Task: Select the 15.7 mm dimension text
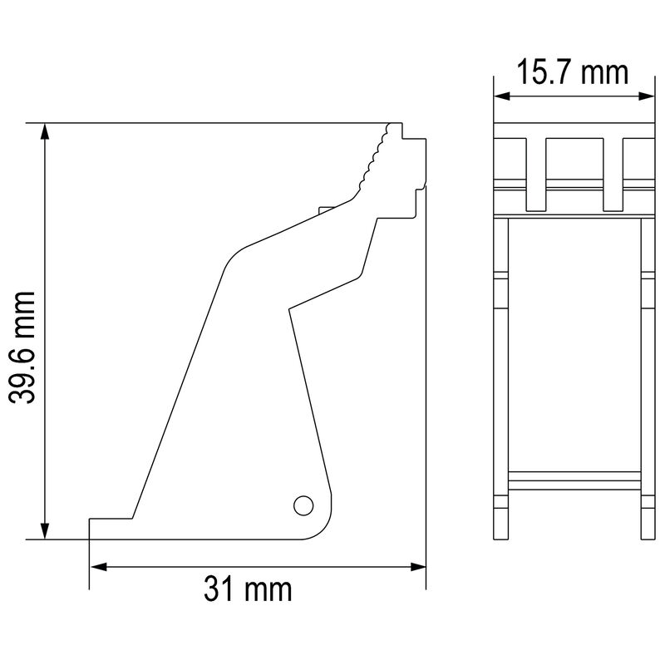pos(572,72)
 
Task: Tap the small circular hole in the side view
pos(303,504)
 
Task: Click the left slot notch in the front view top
pos(537,175)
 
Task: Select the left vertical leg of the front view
pos(501,374)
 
